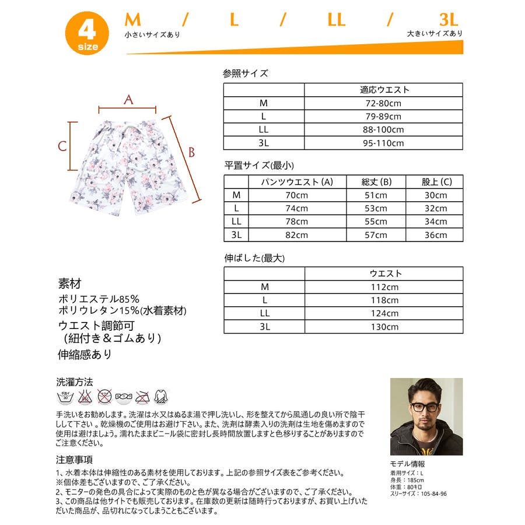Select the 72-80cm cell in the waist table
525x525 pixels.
[x=383, y=103]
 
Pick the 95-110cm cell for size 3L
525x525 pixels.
[x=383, y=143]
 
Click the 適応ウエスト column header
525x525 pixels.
[x=383, y=90]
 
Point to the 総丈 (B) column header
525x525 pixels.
[x=376, y=182]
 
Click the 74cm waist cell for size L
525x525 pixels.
[x=297, y=208]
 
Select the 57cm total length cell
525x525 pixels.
[x=376, y=235]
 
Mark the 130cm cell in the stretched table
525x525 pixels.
[x=383, y=327]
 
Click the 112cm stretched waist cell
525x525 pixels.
[x=383, y=287]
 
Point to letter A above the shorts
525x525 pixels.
[x=128, y=99]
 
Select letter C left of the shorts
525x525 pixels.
[x=62, y=146]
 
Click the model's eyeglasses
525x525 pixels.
[x=424, y=407]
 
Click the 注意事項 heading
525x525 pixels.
[x=74, y=460]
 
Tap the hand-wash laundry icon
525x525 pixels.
[x=64, y=398]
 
